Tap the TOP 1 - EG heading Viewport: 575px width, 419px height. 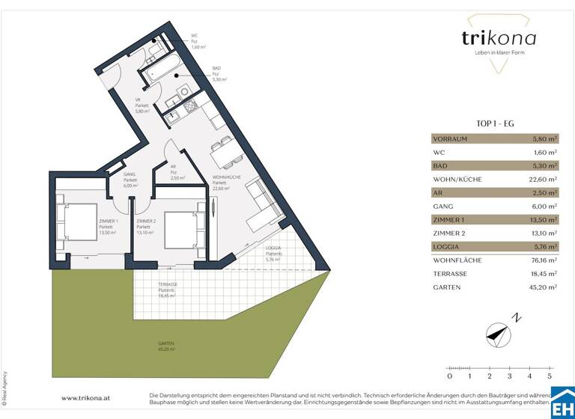click(x=494, y=124)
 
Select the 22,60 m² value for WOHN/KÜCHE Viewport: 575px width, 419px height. click(x=543, y=180)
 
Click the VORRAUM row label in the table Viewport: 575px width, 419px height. click(x=450, y=138)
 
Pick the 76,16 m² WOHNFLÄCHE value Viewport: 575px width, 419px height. click(x=543, y=260)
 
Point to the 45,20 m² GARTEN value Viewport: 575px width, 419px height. click(x=543, y=287)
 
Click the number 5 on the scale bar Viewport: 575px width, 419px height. click(x=550, y=377)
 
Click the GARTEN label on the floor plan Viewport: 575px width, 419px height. click(x=165, y=343)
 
